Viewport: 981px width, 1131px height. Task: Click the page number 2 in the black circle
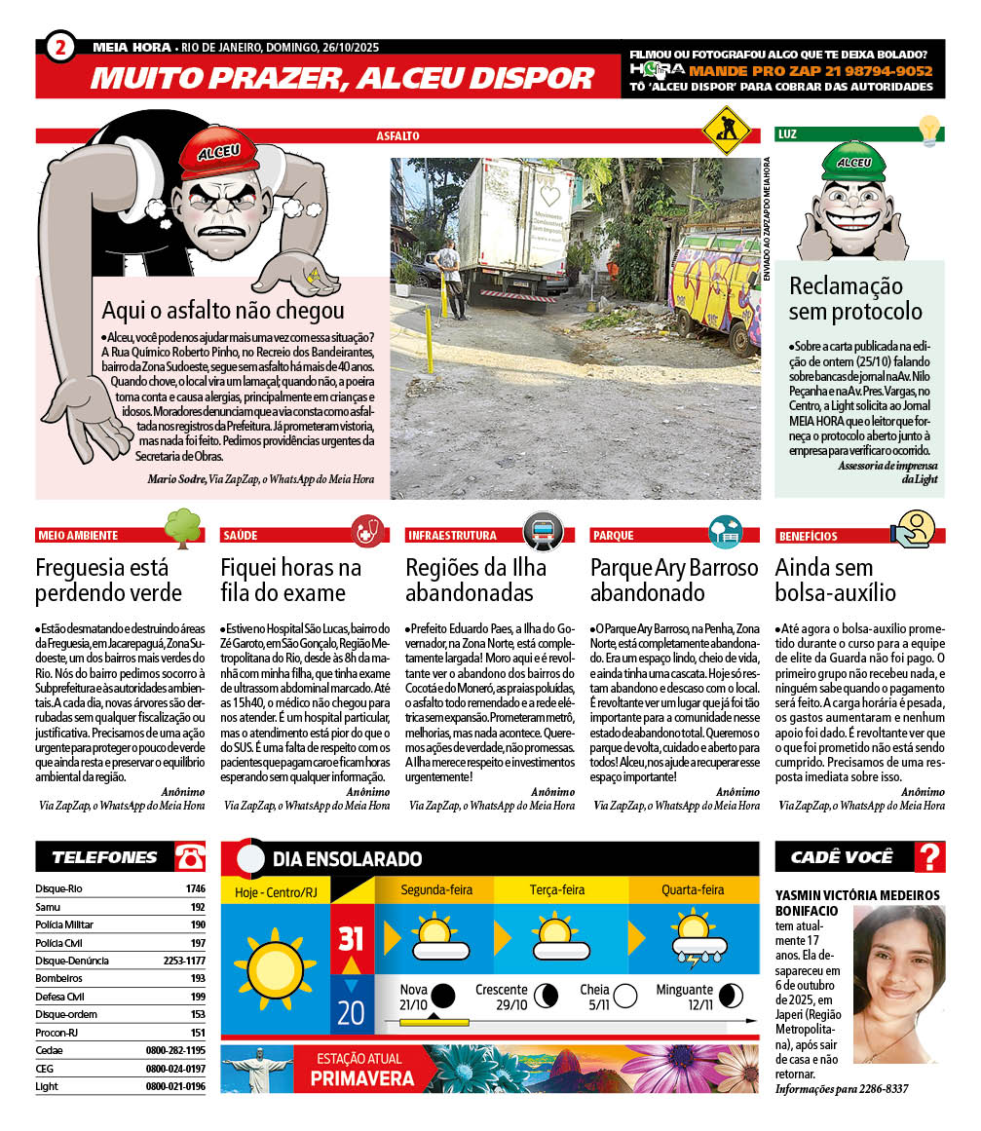[x=60, y=47]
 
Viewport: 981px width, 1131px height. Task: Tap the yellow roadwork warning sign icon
[x=725, y=128]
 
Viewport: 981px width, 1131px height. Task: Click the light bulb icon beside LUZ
[x=929, y=130]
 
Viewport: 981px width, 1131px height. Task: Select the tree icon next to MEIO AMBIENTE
[x=182, y=527]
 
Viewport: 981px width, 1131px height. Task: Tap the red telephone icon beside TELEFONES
[x=190, y=856]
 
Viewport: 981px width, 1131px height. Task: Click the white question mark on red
[x=931, y=856]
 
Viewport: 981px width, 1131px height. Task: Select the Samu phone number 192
[x=197, y=906]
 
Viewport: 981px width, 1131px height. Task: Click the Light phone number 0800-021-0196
[x=175, y=1086]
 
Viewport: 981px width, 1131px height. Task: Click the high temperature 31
[x=351, y=939]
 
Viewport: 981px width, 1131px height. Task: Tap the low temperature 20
[x=351, y=1012]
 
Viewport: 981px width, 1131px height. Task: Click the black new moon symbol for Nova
[x=443, y=995]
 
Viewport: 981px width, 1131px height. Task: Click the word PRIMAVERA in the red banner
[x=361, y=1077]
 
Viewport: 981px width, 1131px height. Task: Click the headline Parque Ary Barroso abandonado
[x=674, y=580]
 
